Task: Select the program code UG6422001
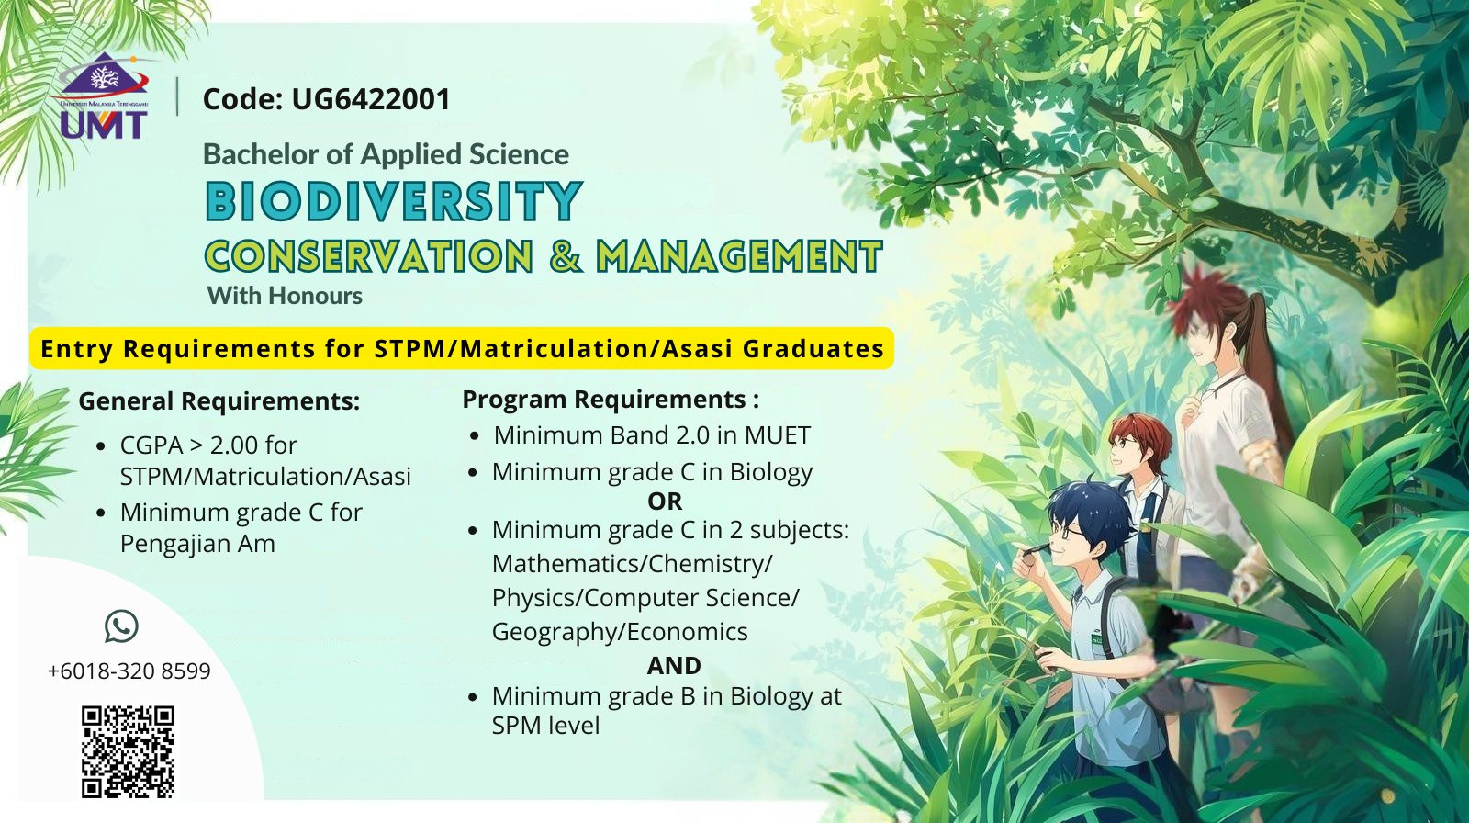click(x=371, y=99)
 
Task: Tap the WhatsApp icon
click(x=121, y=626)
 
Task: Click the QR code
click(x=128, y=752)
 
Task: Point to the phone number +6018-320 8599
click(x=129, y=671)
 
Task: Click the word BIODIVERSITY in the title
click(x=394, y=201)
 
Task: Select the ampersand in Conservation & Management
click(x=566, y=256)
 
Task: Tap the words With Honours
click(x=285, y=296)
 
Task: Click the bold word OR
click(x=665, y=502)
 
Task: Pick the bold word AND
click(x=674, y=666)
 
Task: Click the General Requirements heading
click(x=219, y=401)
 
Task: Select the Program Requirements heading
click(x=611, y=399)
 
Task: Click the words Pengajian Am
click(x=197, y=544)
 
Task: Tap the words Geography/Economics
click(x=620, y=632)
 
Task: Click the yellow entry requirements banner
click(x=462, y=348)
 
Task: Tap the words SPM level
click(x=545, y=726)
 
